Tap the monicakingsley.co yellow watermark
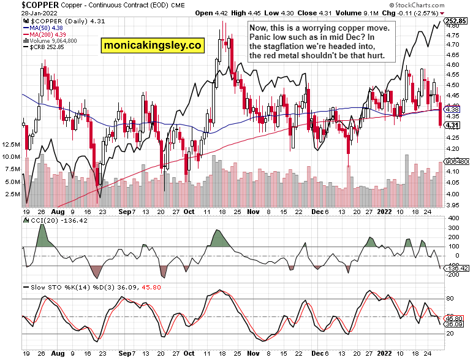(x=153, y=45)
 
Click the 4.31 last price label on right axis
(x=452, y=125)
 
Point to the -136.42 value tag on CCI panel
(x=456, y=268)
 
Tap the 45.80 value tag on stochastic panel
(x=454, y=318)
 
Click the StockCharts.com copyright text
(x=440, y=5)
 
